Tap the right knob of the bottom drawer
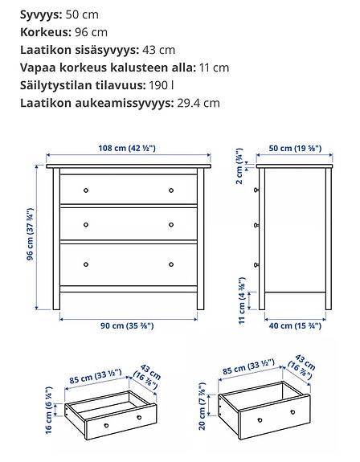click(171, 264)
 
